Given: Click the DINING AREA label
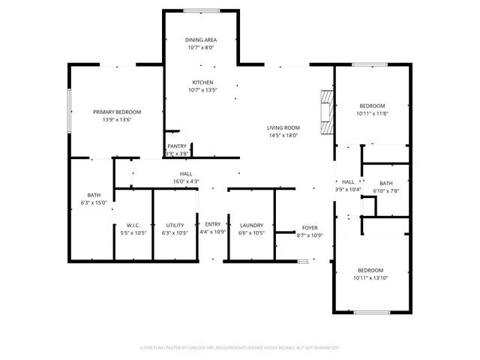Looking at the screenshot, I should coord(202,40).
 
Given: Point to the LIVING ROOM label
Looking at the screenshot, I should coord(283,127).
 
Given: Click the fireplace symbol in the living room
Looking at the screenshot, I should coord(325,112).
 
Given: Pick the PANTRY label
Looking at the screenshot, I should coord(177,146).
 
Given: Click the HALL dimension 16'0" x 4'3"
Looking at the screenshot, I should coord(186,181).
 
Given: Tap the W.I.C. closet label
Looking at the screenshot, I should coord(133,225).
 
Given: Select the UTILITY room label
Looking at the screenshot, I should coord(175,225).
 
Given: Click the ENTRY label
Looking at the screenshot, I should coord(214,224).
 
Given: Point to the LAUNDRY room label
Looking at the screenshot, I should coord(251,225).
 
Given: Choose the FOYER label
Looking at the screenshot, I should coord(310,228).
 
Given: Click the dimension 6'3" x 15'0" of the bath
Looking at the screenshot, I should coord(94,202).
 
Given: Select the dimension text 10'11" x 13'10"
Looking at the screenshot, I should coord(371,278).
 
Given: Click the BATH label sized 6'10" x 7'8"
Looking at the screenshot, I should coord(385,183).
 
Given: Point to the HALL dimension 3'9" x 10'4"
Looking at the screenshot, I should coord(348,189).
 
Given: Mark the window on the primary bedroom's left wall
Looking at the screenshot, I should coord(70,111).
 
